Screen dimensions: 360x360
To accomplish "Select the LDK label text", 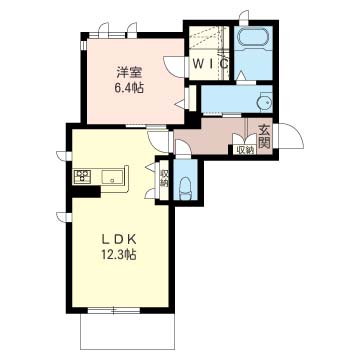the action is [x=119, y=240].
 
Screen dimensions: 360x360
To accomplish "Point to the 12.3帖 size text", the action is [x=119, y=255].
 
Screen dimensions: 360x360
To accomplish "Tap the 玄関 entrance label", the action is [x=264, y=136].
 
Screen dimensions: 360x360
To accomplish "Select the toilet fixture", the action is [x=185, y=189].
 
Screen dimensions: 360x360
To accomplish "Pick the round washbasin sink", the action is [x=265, y=103].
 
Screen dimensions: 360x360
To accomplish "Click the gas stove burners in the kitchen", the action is [x=83, y=176].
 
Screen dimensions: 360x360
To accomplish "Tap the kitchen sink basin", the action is [x=112, y=176].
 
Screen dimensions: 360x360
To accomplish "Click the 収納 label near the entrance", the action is [x=245, y=151].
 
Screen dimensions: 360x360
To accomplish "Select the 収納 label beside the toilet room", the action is [x=164, y=179].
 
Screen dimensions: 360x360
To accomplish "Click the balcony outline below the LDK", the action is [x=128, y=349].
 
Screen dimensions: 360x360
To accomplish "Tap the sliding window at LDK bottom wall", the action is [x=114, y=310].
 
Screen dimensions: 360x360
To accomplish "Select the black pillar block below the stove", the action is [x=86, y=192].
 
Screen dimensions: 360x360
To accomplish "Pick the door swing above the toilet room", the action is [x=182, y=148].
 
